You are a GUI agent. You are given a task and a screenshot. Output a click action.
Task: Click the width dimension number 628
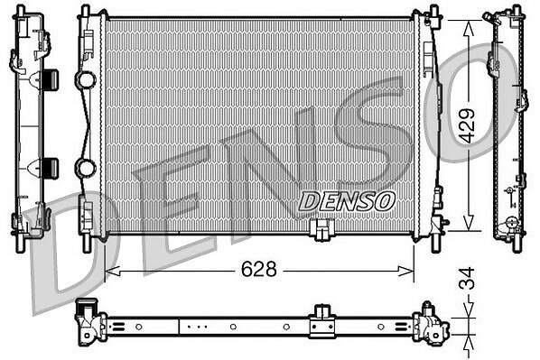(258, 269)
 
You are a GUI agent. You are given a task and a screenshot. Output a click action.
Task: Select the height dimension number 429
(468, 125)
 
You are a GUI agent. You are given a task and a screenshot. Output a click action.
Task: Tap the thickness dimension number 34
(468, 277)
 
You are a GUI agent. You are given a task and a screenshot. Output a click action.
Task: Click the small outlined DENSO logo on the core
(347, 201)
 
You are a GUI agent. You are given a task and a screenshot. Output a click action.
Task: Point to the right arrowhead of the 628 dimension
(406, 271)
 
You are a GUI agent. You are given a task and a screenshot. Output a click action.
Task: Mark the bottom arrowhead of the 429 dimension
(468, 223)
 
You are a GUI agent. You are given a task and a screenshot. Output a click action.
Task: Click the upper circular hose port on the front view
(86, 80)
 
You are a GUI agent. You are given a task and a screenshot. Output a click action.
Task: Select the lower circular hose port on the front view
(86, 168)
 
